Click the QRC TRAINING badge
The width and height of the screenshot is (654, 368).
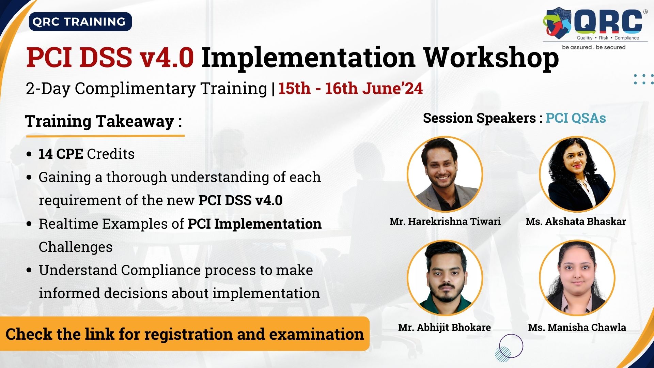click(x=80, y=22)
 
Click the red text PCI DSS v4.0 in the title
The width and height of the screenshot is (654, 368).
click(x=110, y=57)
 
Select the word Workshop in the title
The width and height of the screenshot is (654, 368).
click(x=491, y=58)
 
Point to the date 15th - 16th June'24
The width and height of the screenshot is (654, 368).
click(x=351, y=88)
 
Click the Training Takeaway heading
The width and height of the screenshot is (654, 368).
click(x=104, y=121)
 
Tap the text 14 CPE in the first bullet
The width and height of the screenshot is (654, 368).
click(x=61, y=154)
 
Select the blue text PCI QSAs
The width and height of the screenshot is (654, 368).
click(x=576, y=118)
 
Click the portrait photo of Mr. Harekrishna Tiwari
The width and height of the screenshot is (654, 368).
click(x=445, y=174)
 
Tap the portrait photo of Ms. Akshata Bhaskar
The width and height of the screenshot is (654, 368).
click(x=577, y=174)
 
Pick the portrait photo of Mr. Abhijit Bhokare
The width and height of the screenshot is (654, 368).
click(x=445, y=278)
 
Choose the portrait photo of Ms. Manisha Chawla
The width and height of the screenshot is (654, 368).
click(x=577, y=278)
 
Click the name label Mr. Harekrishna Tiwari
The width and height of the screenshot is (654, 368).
click(x=445, y=221)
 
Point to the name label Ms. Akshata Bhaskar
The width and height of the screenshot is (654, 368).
click(x=576, y=221)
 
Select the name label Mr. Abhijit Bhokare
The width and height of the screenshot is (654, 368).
click(x=445, y=327)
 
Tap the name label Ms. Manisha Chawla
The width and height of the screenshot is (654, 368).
click(x=577, y=327)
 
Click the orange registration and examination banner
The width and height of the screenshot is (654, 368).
click(x=185, y=334)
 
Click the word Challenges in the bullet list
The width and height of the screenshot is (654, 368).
click(x=76, y=247)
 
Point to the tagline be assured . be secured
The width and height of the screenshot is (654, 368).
click(x=594, y=47)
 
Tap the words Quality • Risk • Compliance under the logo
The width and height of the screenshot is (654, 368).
click(x=608, y=38)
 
